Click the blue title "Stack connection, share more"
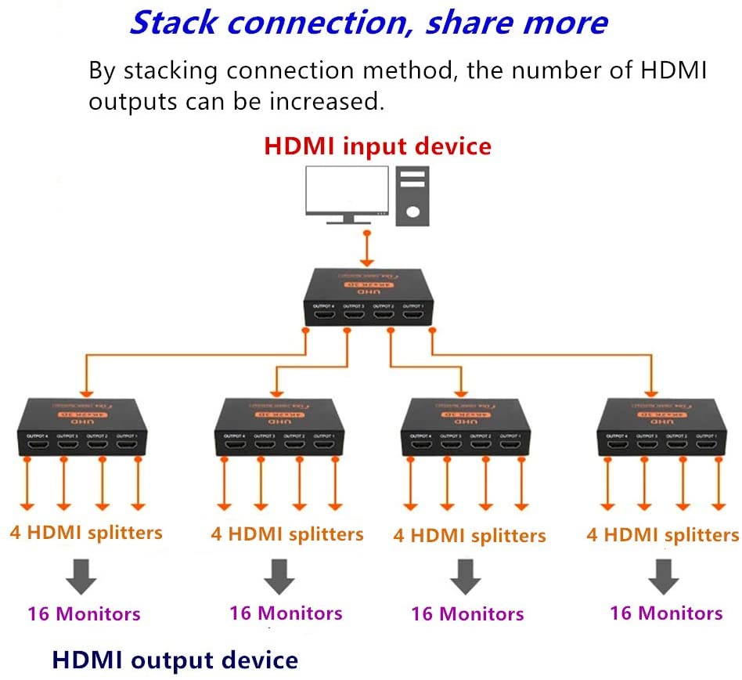(x=368, y=22)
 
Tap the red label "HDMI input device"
(x=377, y=146)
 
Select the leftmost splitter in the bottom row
(x=82, y=429)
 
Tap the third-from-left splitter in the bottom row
(x=465, y=429)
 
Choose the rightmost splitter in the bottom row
(x=662, y=429)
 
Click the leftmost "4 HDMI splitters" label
(x=86, y=533)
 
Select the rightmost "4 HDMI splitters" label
(x=662, y=534)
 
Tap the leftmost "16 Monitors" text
(x=84, y=613)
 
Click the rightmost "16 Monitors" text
(x=666, y=612)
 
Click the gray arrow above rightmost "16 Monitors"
(x=665, y=576)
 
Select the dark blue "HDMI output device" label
(x=175, y=660)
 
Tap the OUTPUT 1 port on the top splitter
(x=414, y=316)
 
